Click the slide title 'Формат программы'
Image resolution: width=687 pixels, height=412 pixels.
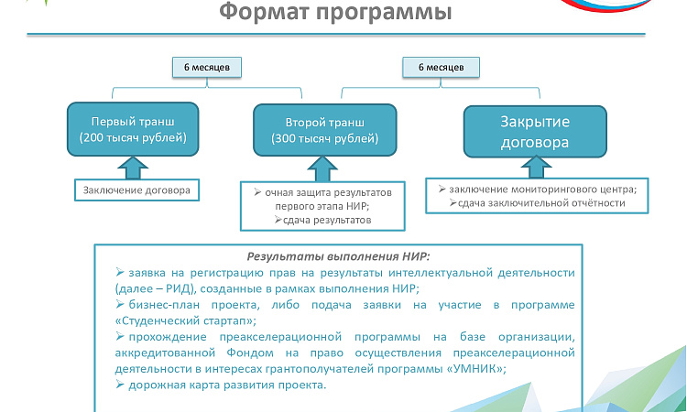pos(335,12)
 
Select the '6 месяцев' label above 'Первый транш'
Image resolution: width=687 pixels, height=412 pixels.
pos(207,68)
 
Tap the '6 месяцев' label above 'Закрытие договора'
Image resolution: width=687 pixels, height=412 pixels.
pos(441,68)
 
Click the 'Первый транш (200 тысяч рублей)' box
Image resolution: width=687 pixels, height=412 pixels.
pos(133,129)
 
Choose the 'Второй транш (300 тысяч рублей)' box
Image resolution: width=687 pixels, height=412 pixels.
pos(324,130)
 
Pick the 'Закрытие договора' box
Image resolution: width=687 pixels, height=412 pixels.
pos(535,131)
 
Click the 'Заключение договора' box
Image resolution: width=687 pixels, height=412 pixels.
pos(136,190)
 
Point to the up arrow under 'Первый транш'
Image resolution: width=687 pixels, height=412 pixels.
pos(133,168)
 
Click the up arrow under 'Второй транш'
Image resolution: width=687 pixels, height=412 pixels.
pos(322,169)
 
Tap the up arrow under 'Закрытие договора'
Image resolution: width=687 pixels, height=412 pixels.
pos(536,168)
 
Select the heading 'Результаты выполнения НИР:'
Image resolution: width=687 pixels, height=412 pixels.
pos(339,256)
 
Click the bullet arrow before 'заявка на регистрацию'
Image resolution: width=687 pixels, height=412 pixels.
pos(120,272)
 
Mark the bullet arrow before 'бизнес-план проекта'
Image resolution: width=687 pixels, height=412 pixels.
pos(120,304)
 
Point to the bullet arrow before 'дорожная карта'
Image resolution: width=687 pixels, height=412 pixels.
pos(120,385)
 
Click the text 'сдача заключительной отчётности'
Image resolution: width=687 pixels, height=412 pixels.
pos(541,203)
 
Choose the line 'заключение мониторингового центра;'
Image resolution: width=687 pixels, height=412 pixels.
pos(543,190)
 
